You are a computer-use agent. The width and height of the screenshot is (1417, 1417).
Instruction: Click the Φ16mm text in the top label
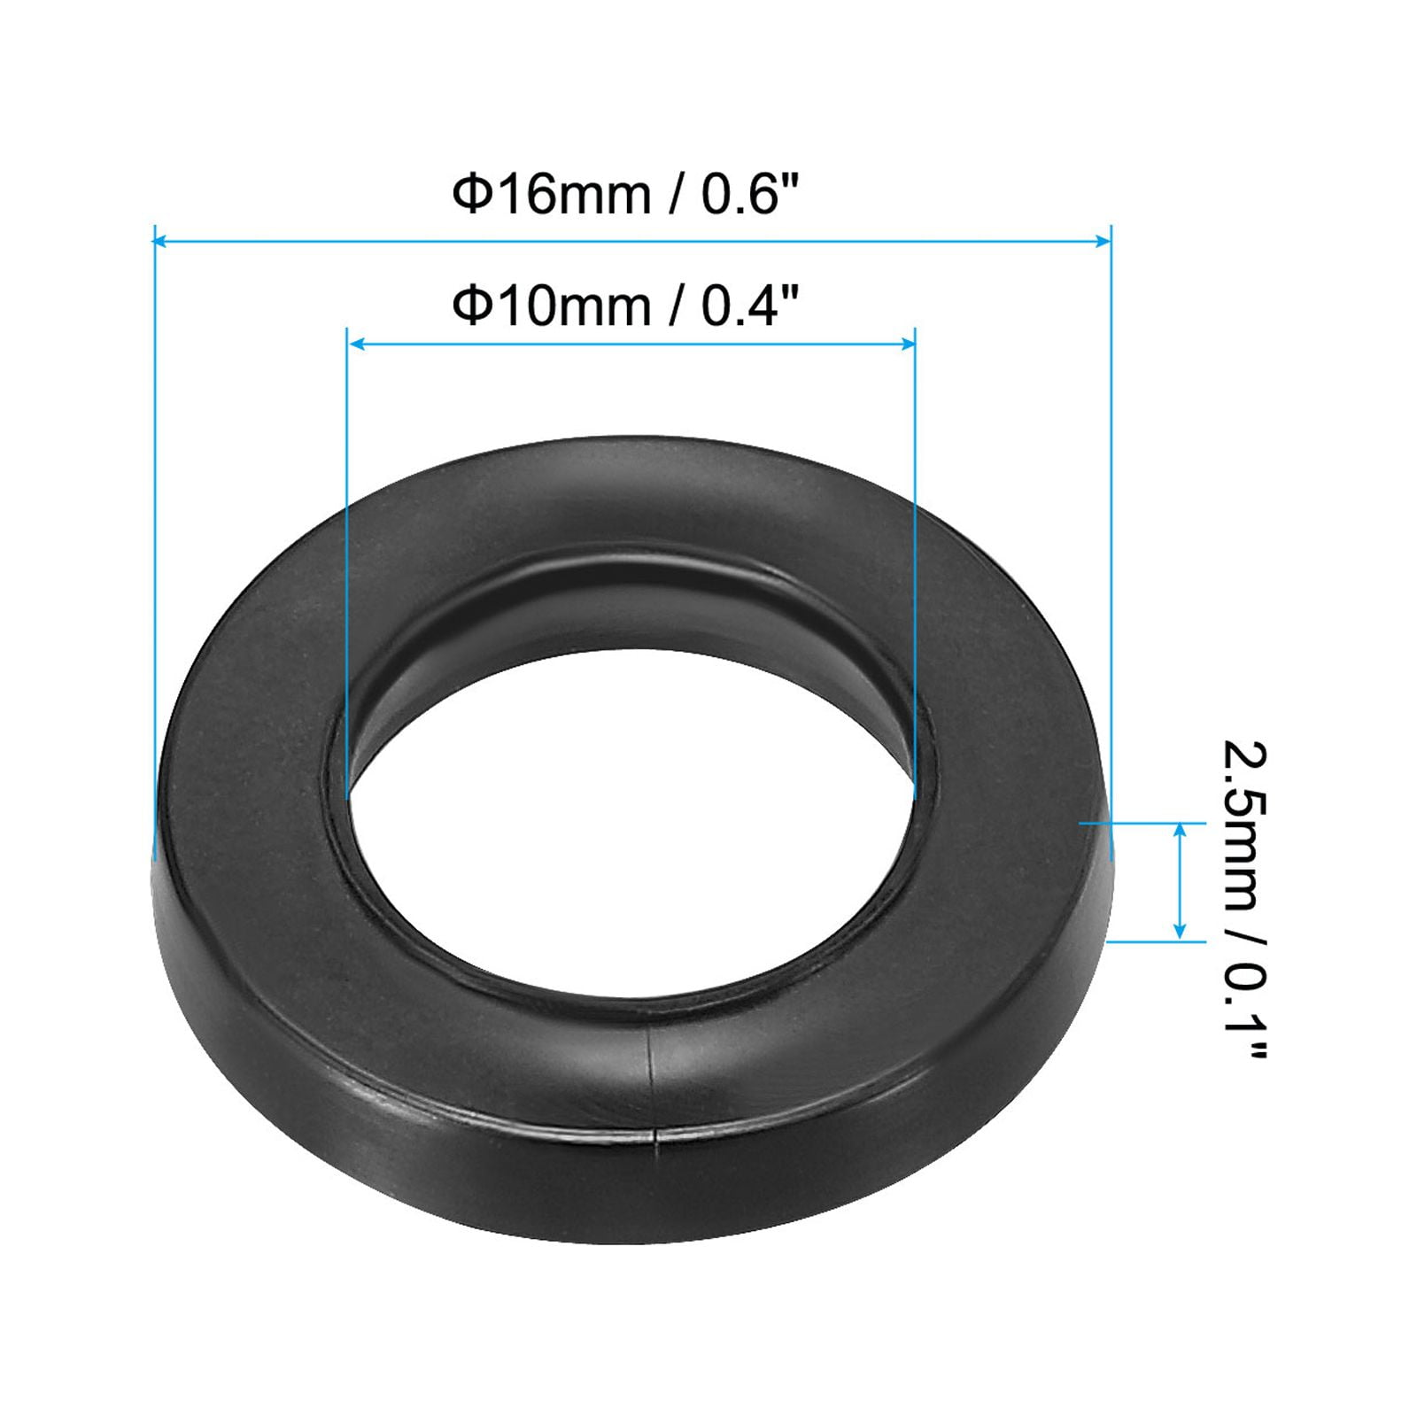click(x=551, y=195)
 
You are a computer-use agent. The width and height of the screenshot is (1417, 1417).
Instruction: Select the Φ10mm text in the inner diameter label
click(x=551, y=306)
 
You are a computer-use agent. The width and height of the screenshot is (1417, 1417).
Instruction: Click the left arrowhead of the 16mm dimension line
click(x=161, y=239)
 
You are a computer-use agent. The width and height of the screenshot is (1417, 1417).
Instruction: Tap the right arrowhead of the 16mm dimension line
click(x=1103, y=239)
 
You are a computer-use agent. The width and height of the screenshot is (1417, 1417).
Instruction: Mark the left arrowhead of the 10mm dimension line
click(x=355, y=343)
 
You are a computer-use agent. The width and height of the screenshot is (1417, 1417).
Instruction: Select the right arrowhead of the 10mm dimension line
click(x=908, y=343)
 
